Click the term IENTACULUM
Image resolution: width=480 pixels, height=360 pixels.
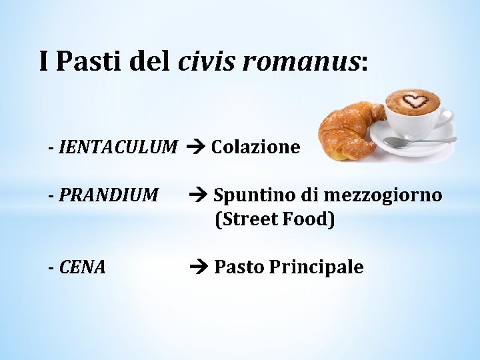[119, 147]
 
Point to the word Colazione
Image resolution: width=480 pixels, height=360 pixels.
[255, 147]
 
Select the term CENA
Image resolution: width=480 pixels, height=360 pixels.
[83, 267]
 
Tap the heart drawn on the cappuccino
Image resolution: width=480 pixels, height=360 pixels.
[418, 102]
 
